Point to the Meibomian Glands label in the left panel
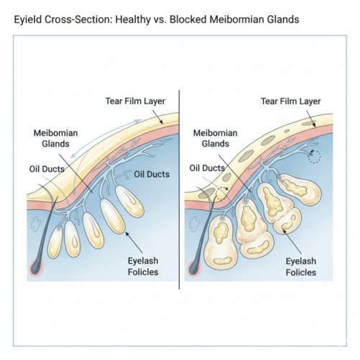[x=55, y=138]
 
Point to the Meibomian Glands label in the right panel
[x=216, y=138]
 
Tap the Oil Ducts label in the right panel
[x=206, y=168]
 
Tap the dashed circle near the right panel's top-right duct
[x=313, y=156]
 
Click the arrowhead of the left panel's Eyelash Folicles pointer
[x=126, y=233]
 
